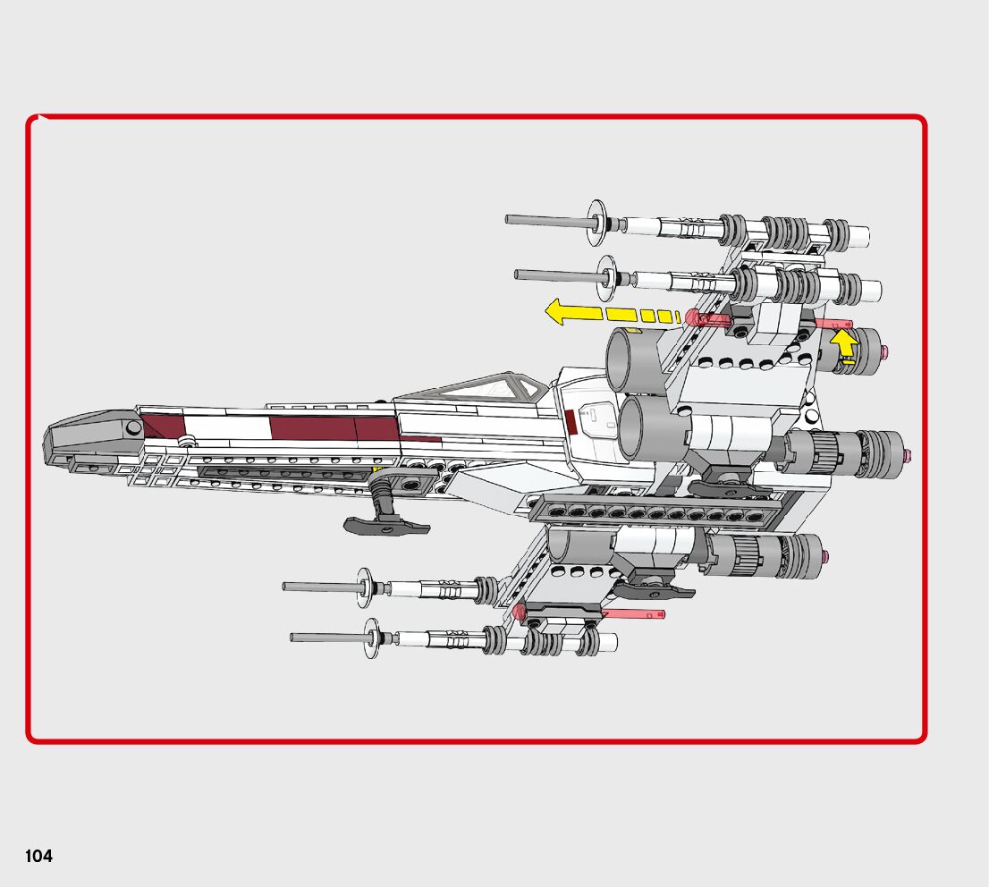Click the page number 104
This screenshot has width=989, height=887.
tap(38, 857)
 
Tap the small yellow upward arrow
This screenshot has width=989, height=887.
tap(842, 342)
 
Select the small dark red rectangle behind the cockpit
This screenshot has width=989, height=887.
tap(571, 421)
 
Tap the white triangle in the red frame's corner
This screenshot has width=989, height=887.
tap(41, 118)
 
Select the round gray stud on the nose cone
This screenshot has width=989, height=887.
tap(133, 428)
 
